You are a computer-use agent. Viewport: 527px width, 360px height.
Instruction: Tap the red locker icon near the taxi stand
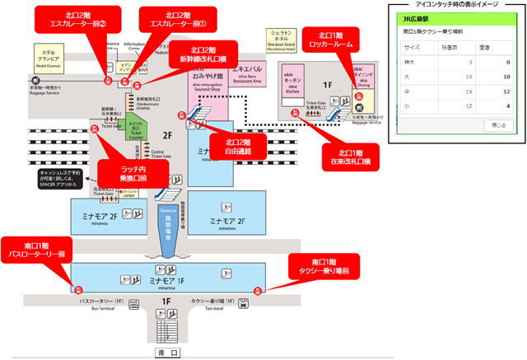[x=258, y=289]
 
